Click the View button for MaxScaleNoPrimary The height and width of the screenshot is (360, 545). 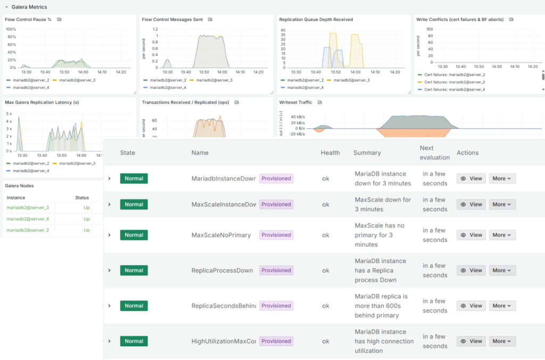(x=471, y=235)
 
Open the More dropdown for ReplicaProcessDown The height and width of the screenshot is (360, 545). (x=502, y=271)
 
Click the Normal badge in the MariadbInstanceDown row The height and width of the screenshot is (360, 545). (x=134, y=179)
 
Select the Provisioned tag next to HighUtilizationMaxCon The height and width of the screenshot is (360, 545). (x=276, y=341)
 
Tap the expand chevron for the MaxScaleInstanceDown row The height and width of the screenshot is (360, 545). (x=110, y=204)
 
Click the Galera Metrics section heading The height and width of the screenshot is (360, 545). (x=29, y=7)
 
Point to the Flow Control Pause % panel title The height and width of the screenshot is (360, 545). (x=28, y=20)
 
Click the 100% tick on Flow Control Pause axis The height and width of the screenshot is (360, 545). (x=11, y=29)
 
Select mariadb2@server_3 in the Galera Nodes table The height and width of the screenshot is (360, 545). (x=28, y=207)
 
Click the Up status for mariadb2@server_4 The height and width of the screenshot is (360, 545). (x=86, y=219)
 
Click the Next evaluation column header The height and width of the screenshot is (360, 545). (x=434, y=153)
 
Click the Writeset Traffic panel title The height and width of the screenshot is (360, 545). (x=295, y=102)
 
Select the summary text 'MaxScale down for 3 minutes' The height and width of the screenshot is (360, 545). (x=383, y=204)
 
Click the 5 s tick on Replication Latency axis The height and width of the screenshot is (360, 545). (x=9, y=114)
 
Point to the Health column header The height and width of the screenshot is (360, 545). (x=330, y=153)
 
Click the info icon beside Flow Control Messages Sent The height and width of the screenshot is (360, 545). (x=210, y=20)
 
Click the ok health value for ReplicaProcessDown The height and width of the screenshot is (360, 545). (x=326, y=271)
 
